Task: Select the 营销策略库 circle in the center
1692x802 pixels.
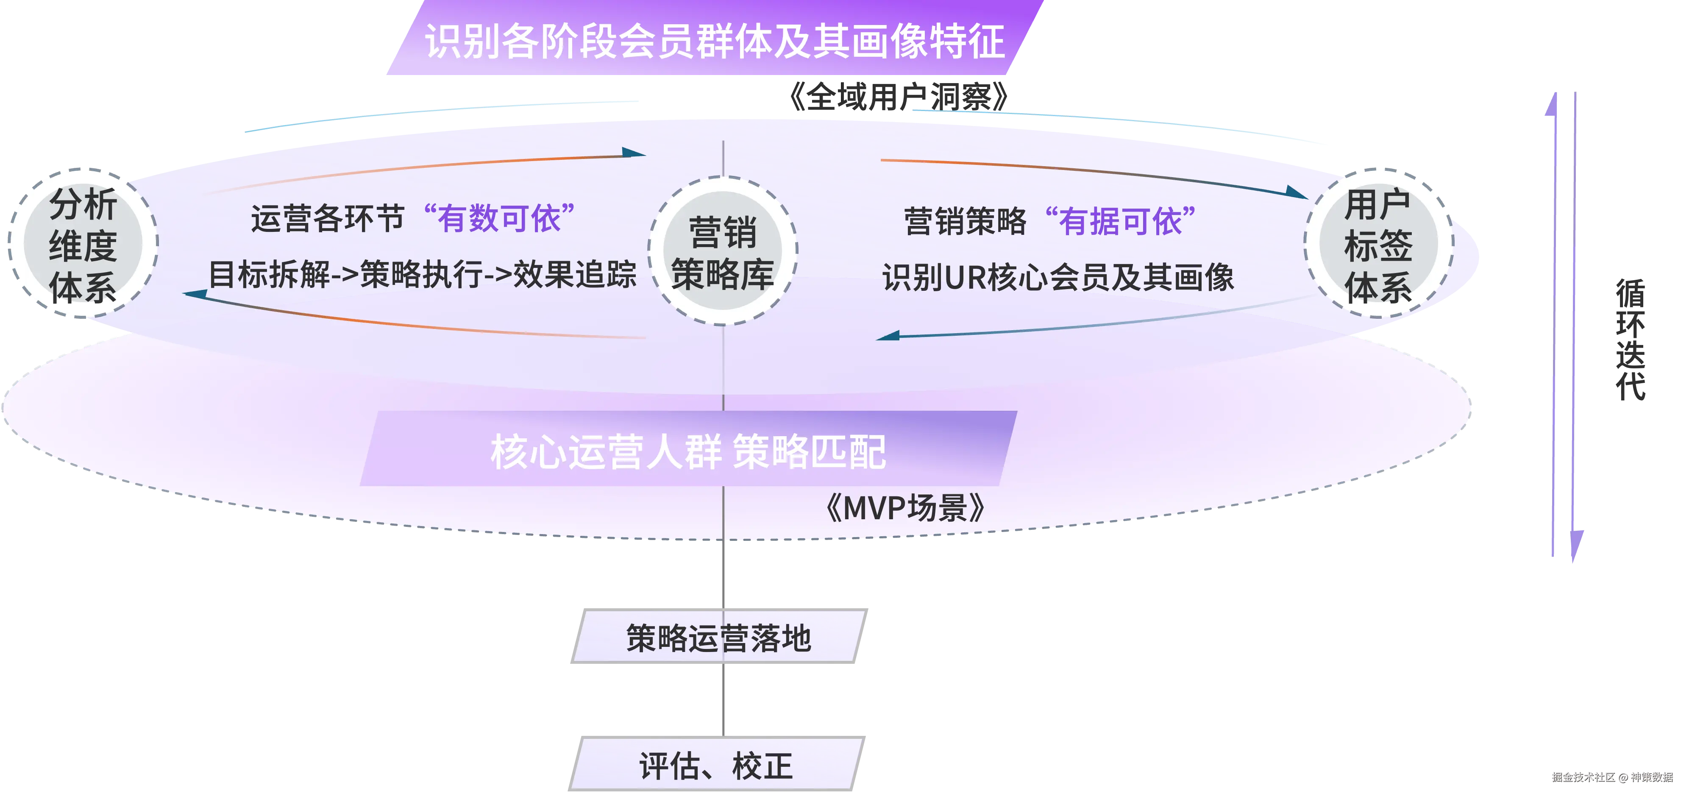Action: point(723,251)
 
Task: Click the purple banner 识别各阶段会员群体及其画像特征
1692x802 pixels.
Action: point(714,41)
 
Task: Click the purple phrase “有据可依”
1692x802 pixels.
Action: point(1120,221)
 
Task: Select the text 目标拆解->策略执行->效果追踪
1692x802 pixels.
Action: point(422,275)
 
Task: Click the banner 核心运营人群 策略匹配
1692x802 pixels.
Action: point(688,451)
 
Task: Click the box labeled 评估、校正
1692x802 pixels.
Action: point(716,765)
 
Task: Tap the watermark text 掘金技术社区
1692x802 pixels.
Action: point(1583,777)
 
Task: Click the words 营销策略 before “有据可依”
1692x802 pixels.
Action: point(964,221)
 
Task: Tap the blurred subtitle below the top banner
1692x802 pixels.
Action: point(898,97)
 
